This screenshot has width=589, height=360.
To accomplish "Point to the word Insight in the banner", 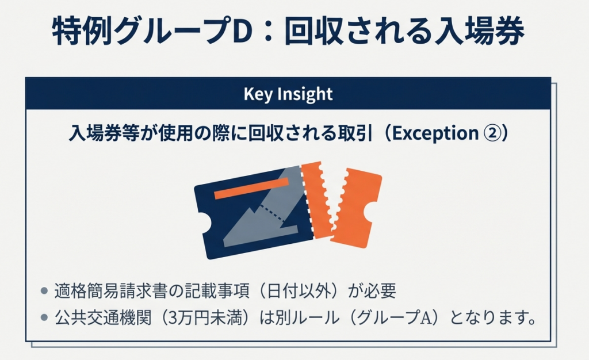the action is [305, 94].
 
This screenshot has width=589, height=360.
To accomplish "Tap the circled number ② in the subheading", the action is [492, 133].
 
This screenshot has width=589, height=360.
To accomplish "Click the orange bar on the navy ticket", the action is [251, 189].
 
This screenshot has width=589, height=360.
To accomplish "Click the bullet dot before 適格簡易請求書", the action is [44, 291].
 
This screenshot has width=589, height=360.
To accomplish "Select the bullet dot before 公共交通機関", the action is [44, 318].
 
